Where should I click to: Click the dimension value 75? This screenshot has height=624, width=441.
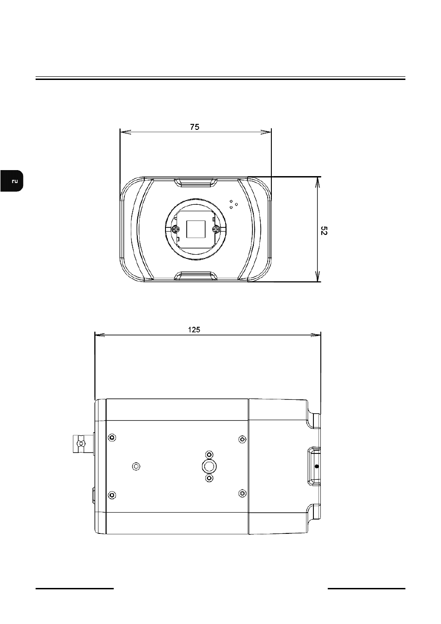click(195, 127)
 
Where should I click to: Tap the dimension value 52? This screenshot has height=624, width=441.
click(324, 231)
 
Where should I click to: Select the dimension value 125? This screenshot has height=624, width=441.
click(194, 330)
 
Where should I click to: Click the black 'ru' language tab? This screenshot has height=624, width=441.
click(12, 181)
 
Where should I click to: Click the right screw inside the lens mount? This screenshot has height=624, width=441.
click(215, 229)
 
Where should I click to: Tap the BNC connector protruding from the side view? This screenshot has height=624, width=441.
click(82, 443)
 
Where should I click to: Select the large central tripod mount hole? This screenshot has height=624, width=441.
click(209, 466)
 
